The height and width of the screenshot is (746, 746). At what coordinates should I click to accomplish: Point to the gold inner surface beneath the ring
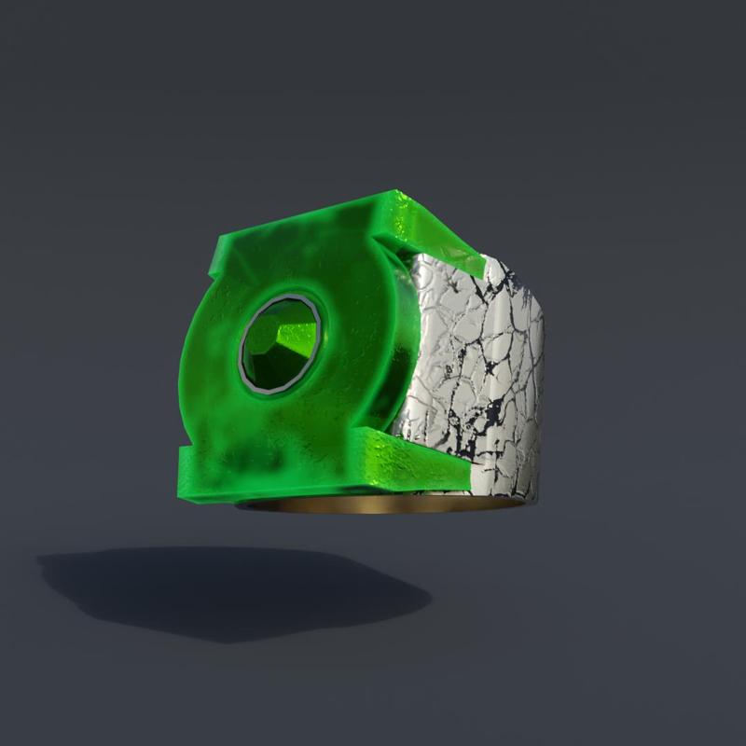[373, 506]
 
